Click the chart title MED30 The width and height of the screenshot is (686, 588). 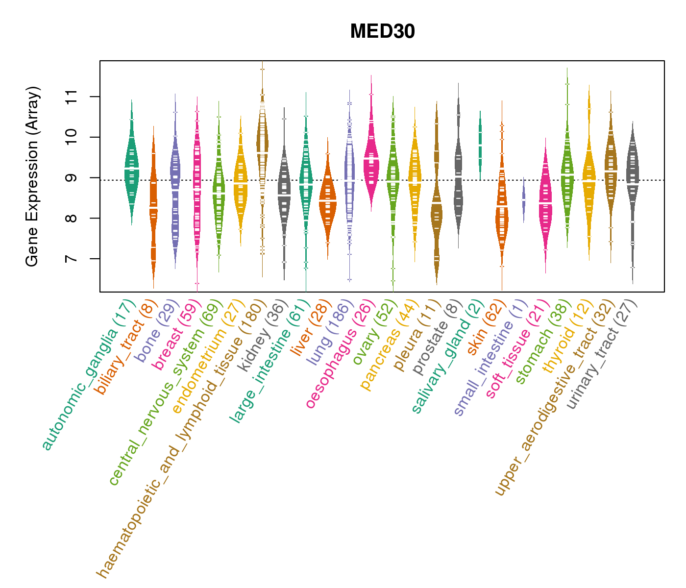[382, 32]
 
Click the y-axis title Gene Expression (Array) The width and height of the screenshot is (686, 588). [32, 176]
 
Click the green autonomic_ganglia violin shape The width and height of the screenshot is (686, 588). [131, 162]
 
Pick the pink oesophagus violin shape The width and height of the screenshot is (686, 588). [371, 162]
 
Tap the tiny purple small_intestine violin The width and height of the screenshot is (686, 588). [523, 201]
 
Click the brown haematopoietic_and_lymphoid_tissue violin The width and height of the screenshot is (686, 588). [262, 142]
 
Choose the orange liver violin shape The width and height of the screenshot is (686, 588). [327, 201]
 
